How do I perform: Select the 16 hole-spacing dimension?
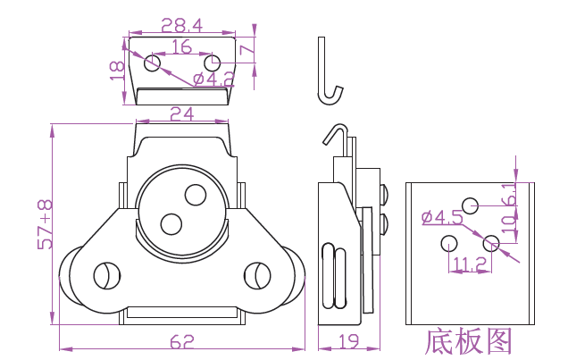pos(181,46)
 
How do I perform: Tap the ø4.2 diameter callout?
pos(214,80)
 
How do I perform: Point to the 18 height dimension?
pos(115,71)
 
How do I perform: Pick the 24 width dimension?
pos(182,113)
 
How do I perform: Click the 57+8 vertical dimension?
pos(45,224)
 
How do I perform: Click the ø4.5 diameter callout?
pos(441,216)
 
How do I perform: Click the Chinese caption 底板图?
pos(470,342)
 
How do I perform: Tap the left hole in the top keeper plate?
pos(153,63)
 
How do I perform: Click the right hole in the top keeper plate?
pos(212,63)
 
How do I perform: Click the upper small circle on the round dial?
pos(194,193)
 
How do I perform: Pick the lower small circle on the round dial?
pos(168,222)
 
